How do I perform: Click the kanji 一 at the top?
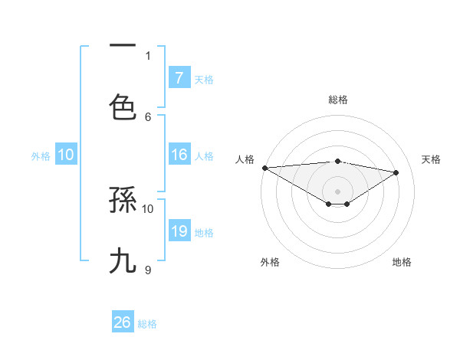click(123, 47)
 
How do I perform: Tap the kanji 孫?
click(123, 200)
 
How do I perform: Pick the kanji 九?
click(123, 261)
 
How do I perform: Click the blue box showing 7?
click(179, 77)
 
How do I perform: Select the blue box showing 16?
click(179, 155)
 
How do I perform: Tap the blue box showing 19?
click(179, 231)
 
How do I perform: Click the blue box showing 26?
click(123, 322)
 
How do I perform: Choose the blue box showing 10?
click(66, 155)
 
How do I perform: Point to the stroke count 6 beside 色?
click(148, 116)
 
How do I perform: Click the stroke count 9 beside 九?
click(148, 270)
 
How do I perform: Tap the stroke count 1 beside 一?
click(148, 55)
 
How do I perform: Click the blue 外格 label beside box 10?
click(41, 156)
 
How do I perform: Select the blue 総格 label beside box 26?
click(147, 324)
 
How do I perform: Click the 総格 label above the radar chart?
click(338, 100)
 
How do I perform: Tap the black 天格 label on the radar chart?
click(432, 159)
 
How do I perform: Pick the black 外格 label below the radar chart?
click(270, 262)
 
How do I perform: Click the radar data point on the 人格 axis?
click(264, 168)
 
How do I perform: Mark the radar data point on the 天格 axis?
click(396, 172)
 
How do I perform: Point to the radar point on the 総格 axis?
click(337, 161)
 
